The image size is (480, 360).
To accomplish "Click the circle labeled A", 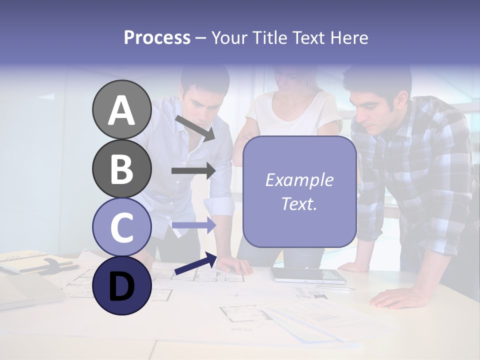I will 121,110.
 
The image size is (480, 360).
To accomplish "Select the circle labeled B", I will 121,168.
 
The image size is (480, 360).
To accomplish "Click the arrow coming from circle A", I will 195,127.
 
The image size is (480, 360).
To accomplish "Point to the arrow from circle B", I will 193,171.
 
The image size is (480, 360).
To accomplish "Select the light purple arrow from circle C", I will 193,226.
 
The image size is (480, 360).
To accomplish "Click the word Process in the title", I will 157,37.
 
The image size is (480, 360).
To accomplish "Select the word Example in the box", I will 299,180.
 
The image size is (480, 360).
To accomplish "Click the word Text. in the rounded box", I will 299,204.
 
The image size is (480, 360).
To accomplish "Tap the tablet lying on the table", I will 307,275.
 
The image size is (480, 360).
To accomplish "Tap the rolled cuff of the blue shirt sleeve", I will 219,205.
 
